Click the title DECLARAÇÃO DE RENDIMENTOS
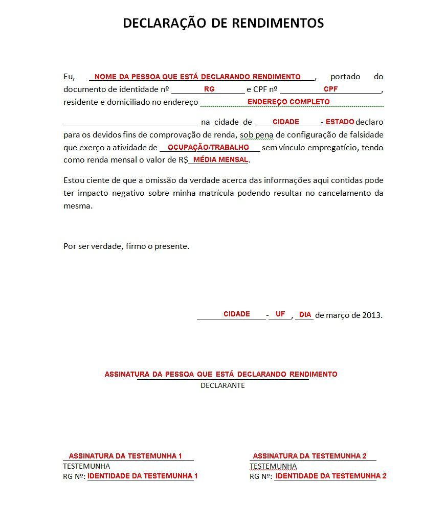(x=223, y=24)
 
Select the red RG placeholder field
(x=209, y=89)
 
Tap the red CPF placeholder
(x=330, y=89)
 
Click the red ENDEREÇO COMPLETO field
(x=288, y=102)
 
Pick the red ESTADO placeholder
(x=340, y=122)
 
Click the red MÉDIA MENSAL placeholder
(x=220, y=160)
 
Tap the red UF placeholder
(x=280, y=314)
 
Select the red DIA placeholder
(x=305, y=314)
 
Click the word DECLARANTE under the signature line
(x=222, y=385)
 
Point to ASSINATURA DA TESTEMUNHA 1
(x=125, y=456)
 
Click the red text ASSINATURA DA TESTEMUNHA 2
(x=310, y=456)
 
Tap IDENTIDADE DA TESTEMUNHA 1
(x=142, y=476)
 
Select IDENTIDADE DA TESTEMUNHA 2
(x=331, y=476)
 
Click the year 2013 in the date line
(x=371, y=315)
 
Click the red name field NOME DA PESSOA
(x=197, y=77)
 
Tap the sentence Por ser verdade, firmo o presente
(x=126, y=246)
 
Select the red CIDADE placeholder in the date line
(x=236, y=314)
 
